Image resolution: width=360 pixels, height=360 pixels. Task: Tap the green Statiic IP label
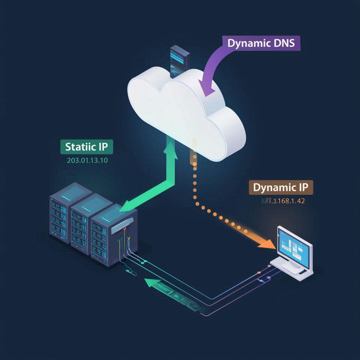(x=86, y=147)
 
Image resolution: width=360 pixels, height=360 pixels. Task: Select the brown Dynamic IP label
(x=281, y=187)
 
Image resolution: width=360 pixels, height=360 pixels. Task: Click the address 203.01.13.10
(x=87, y=161)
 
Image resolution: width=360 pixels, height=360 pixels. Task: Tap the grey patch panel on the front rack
(x=122, y=225)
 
